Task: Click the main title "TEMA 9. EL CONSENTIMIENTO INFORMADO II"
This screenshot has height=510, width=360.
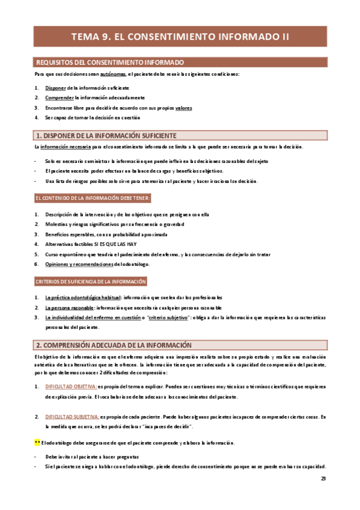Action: click(x=180, y=37)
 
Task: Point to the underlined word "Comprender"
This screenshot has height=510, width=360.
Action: click(x=59, y=97)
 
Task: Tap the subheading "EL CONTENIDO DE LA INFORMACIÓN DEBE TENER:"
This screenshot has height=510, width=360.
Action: click(x=93, y=198)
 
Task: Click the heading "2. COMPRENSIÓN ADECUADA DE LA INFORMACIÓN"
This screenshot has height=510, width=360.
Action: click(x=114, y=345)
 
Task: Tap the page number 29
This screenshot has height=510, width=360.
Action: click(x=323, y=479)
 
